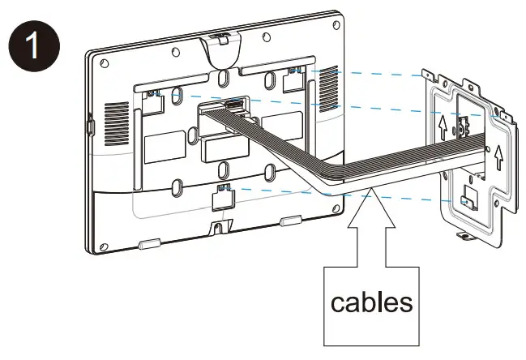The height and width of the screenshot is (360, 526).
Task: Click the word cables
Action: coord(372,303)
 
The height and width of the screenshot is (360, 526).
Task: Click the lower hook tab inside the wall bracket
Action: coord(468,198)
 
